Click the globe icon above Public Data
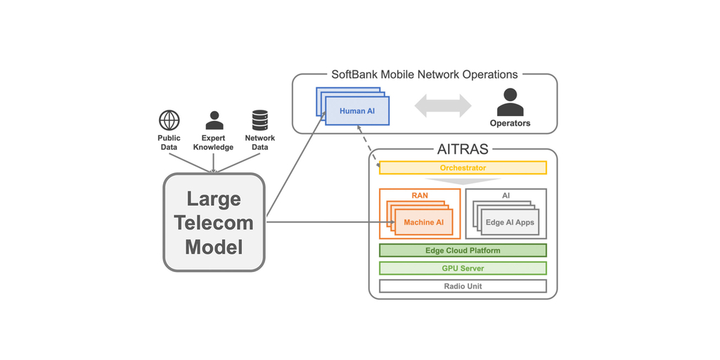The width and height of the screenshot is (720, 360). [x=169, y=120]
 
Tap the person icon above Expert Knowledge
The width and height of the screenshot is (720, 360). [x=214, y=120]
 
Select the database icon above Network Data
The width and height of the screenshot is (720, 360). [x=259, y=120]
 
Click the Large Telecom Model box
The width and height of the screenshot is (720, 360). [x=214, y=223]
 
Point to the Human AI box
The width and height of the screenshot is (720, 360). [x=357, y=111]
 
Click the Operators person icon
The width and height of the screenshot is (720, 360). [x=510, y=103]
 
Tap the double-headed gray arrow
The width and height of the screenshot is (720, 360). [x=442, y=105]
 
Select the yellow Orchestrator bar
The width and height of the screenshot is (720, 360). [x=463, y=168]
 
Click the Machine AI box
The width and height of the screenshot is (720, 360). [x=423, y=223]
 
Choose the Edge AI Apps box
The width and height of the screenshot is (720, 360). [x=510, y=223]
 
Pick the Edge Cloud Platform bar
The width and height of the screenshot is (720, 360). [x=463, y=250]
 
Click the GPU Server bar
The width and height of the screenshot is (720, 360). [x=463, y=269]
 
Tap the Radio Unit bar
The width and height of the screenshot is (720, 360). [x=463, y=286]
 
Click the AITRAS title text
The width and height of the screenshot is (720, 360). [x=463, y=149]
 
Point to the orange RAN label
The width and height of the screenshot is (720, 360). [x=420, y=195]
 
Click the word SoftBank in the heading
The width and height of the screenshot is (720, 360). [x=355, y=75]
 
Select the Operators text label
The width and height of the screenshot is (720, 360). [x=510, y=124]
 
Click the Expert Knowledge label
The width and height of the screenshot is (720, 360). [x=214, y=143]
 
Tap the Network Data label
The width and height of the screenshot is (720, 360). [x=259, y=143]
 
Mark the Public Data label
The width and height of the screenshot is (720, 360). [x=169, y=143]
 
